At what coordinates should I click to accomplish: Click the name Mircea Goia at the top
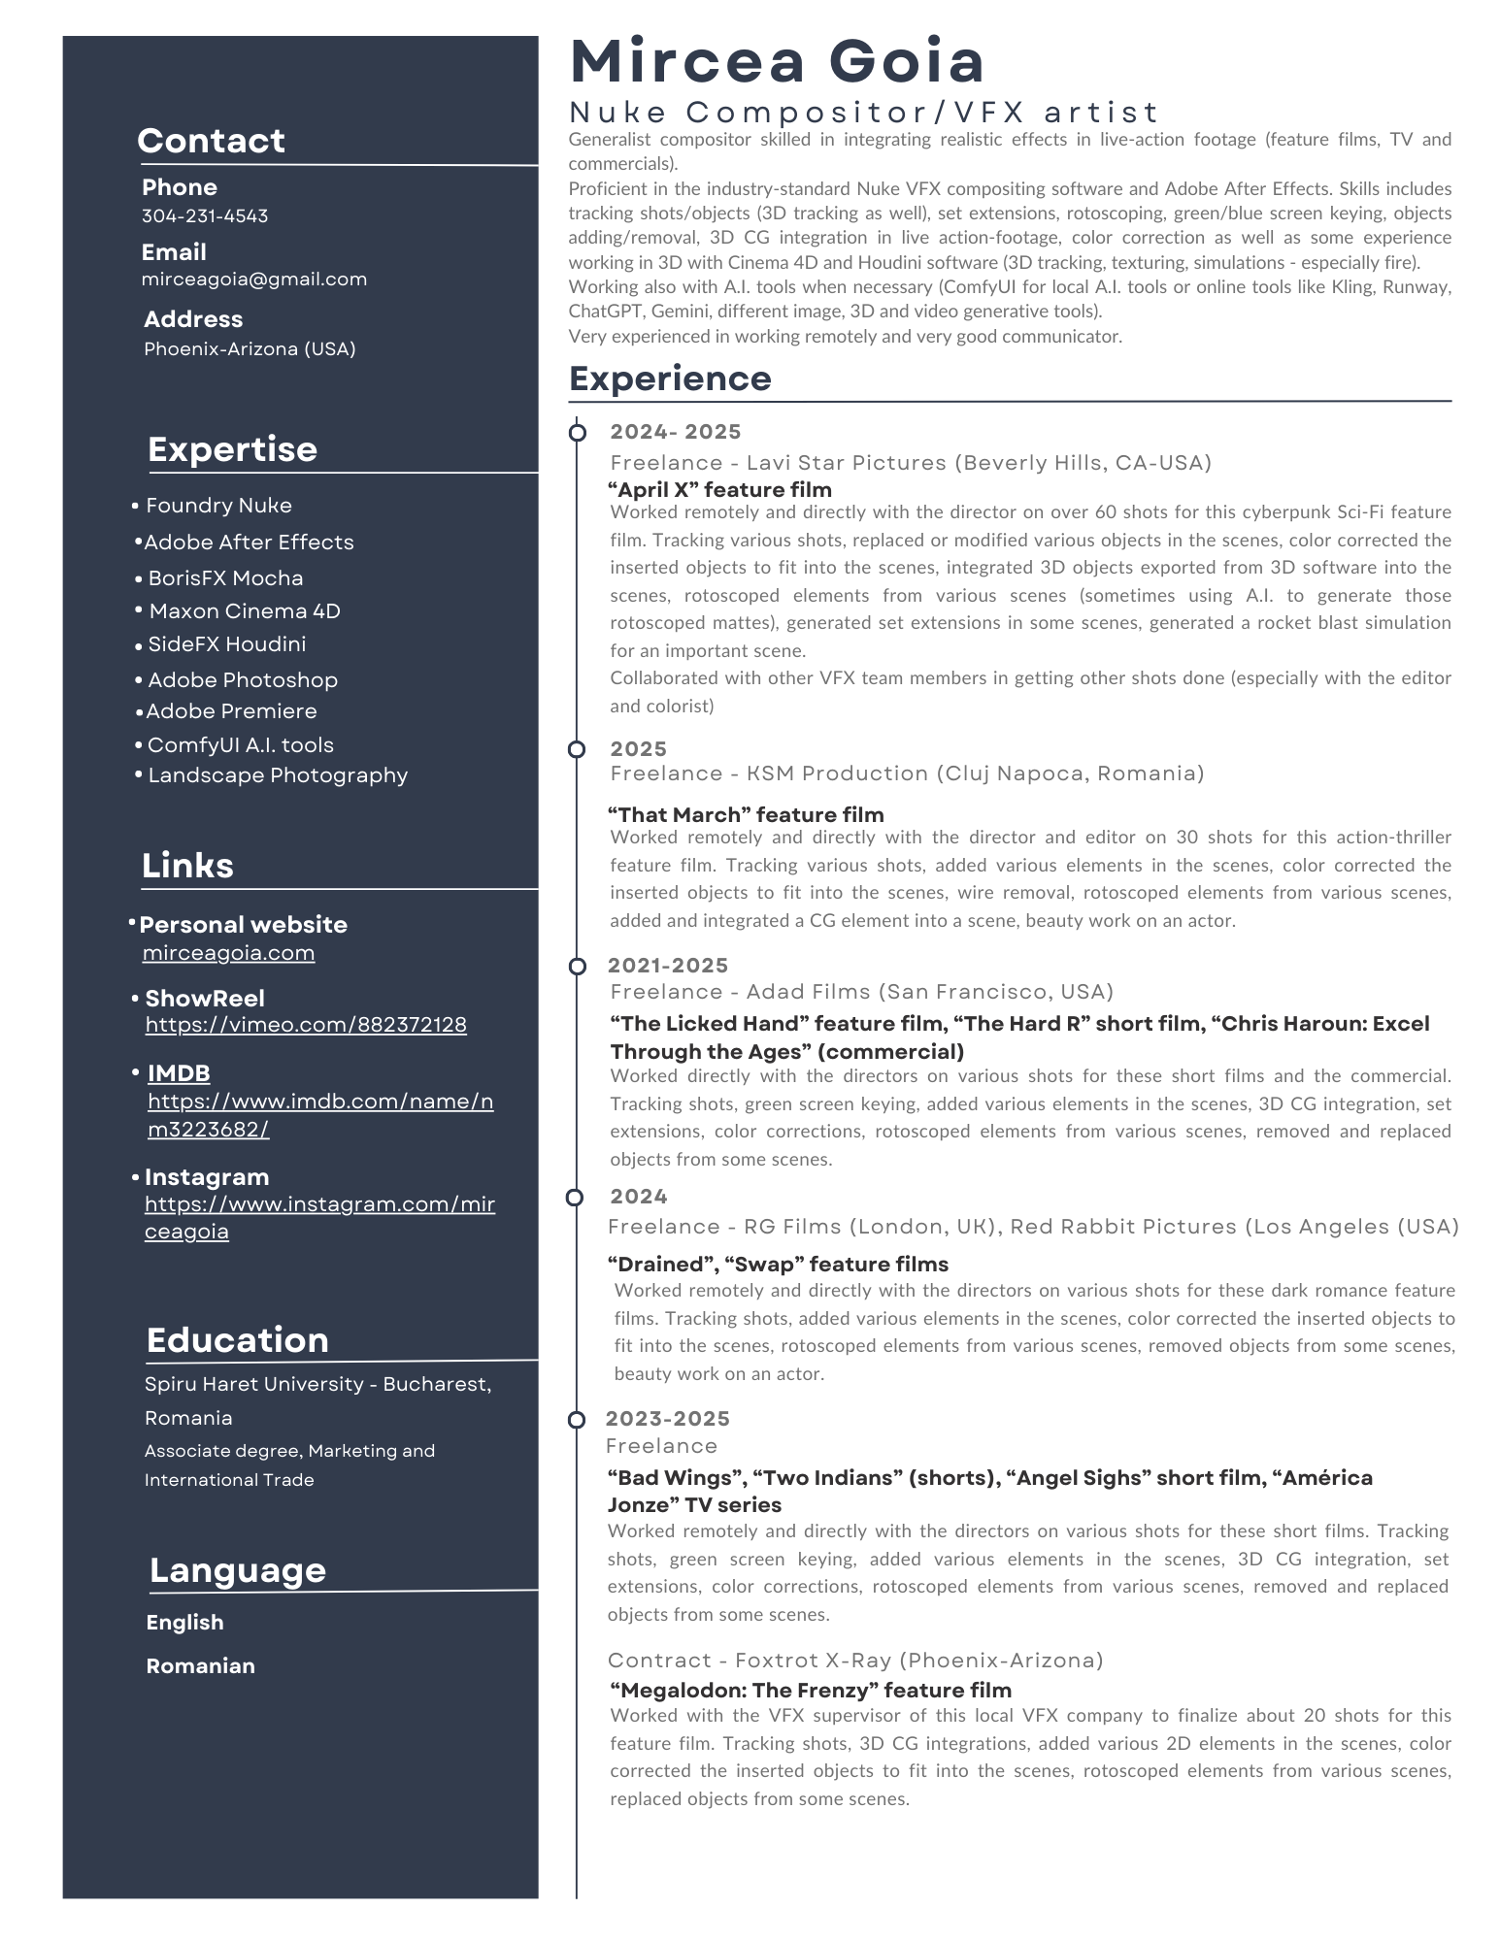click(x=777, y=60)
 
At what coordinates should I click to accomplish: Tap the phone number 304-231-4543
click(x=205, y=215)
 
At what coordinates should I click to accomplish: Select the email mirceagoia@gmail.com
click(x=254, y=280)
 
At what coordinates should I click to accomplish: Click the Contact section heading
click(x=211, y=141)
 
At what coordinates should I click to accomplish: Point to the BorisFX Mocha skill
click(x=225, y=578)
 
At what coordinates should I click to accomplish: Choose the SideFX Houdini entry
click(x=226, y=644)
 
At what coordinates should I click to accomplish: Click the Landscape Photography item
click(x=278, y=775)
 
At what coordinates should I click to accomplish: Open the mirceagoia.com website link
click(x=228, y=953)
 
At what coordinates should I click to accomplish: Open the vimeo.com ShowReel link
click(x=306, y=1025)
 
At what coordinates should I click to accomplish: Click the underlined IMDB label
click(x=179, y=1073)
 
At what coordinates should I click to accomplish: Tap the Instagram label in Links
click(x=207, y=1177)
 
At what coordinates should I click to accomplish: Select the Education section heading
click(x=238, y=1340)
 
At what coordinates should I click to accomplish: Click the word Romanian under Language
click(x=201, y=1666)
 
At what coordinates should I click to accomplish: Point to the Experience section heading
click(x=670, y=378)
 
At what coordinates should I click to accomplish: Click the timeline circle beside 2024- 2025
click(x=578, y=432)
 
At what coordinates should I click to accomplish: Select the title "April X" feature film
click(x=720, y=490)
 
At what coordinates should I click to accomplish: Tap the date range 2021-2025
click(x=668, y=966)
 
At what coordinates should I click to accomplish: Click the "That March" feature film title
click(x=746, y=815)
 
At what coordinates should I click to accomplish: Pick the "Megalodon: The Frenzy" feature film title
click(x=811, y=1691)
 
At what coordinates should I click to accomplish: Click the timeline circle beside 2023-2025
click(x=577, y=1420)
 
